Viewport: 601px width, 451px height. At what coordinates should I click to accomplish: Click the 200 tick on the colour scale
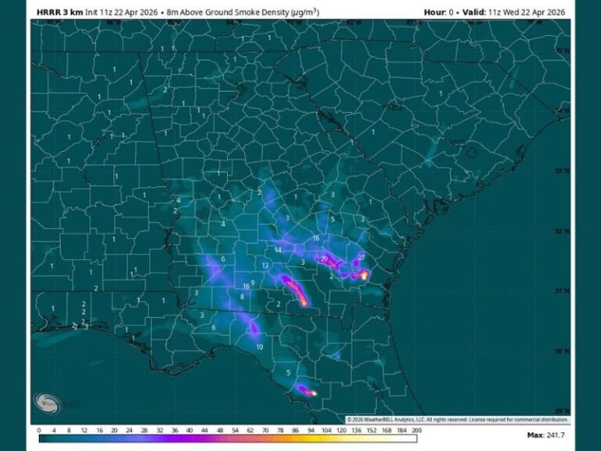tap(417, 430)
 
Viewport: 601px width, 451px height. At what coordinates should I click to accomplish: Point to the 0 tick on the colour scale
tap(39, 430)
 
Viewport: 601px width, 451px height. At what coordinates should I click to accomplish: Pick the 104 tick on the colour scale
tap(328, 430)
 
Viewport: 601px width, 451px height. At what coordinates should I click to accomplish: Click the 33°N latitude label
tap(561, 171)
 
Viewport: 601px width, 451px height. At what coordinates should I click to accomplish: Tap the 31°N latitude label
tap(561, 290)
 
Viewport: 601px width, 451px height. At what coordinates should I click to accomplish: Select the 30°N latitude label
tap(561, 351)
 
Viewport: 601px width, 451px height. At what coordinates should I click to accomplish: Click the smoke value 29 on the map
tap(324, 259)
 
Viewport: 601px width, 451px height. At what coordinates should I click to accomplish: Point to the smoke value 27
tap(361, 257)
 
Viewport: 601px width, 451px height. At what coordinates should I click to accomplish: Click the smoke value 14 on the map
tap(278, 250)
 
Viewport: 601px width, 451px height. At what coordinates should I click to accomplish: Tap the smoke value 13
tap(265, 266)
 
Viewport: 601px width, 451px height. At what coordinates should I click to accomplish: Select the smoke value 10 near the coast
tap(259, 346)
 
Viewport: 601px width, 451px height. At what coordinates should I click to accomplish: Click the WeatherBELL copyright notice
tap(458, 420)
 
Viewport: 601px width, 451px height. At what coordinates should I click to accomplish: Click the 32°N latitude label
tap(561, 231)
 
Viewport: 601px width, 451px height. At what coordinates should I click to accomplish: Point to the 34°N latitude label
tap(561, 111)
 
